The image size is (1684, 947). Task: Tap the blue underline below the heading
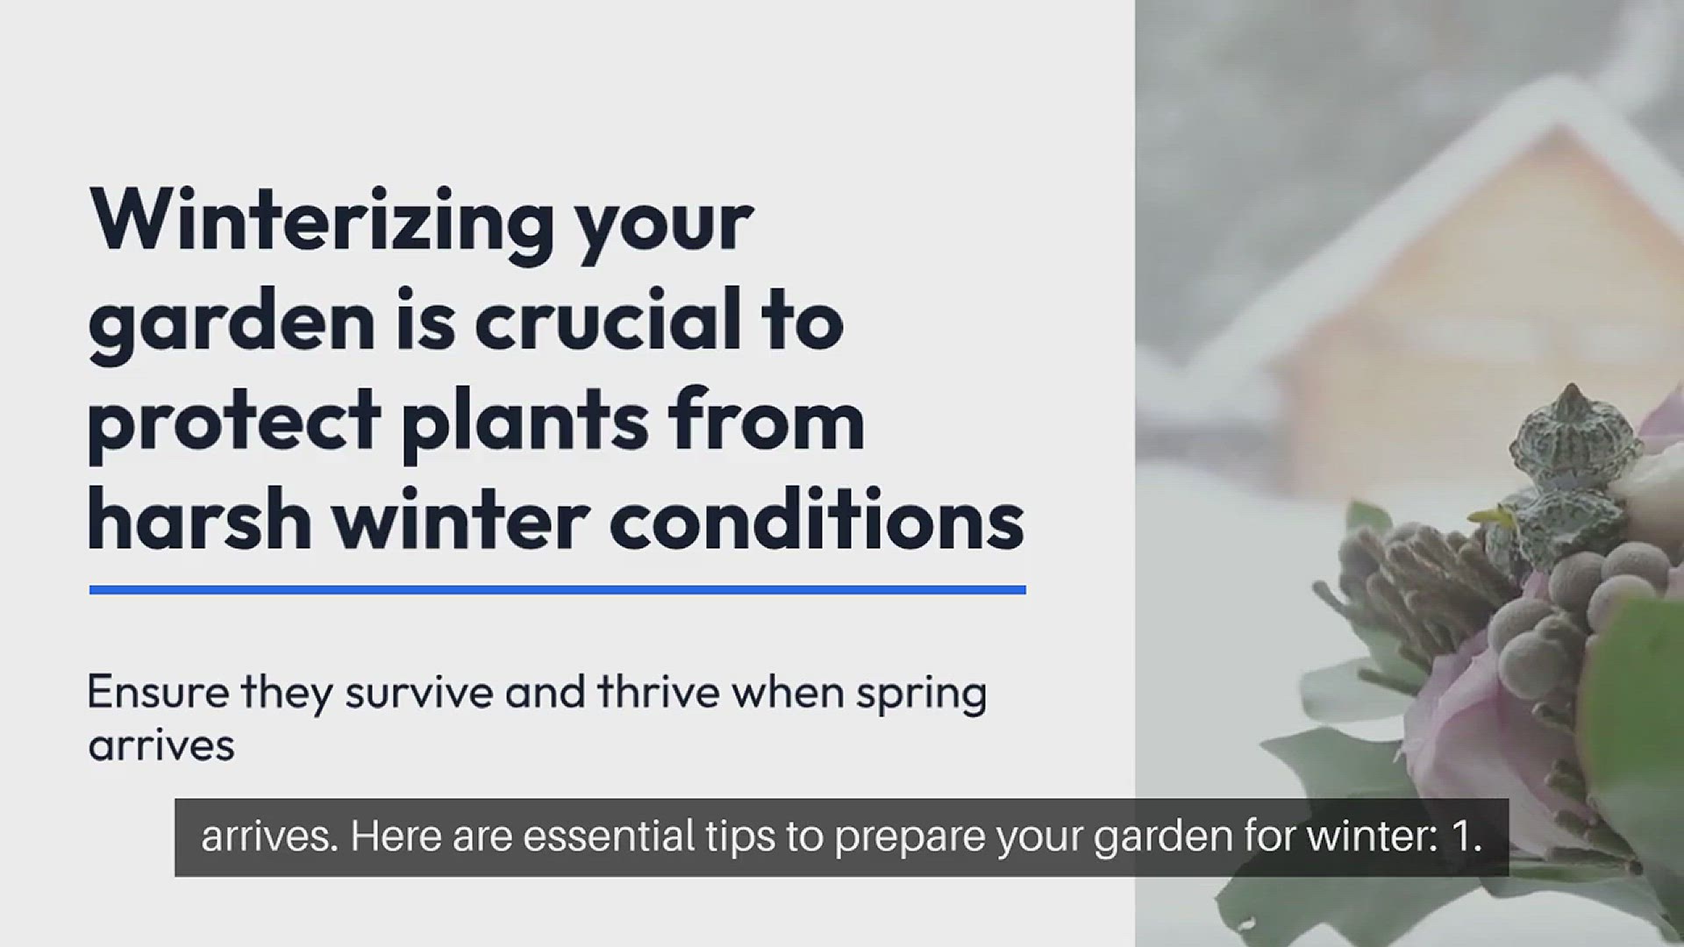(x=557, y=590)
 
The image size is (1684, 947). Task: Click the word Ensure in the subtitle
(x=158, y=693)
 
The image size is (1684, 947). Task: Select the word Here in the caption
(x=396, y=837)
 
